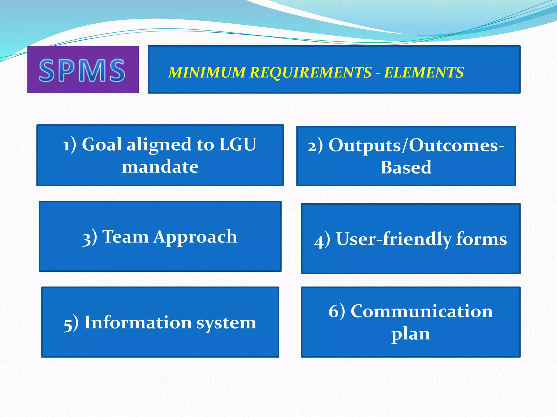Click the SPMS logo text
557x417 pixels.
coord(82,71)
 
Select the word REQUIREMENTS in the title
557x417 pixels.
coord(311,72)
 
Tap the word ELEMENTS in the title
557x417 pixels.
coord(424,72)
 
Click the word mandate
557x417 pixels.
coord(160,167)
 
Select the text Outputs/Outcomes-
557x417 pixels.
coord(416,146)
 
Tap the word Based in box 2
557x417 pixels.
coord(406,168)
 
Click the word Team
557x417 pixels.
coord(125,236)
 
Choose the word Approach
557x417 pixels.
coord(195,237)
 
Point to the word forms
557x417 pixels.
coord(481,239)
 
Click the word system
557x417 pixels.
coord(226,323)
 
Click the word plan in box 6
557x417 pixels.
coord(411,334)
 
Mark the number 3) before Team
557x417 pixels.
coord(89,238)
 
